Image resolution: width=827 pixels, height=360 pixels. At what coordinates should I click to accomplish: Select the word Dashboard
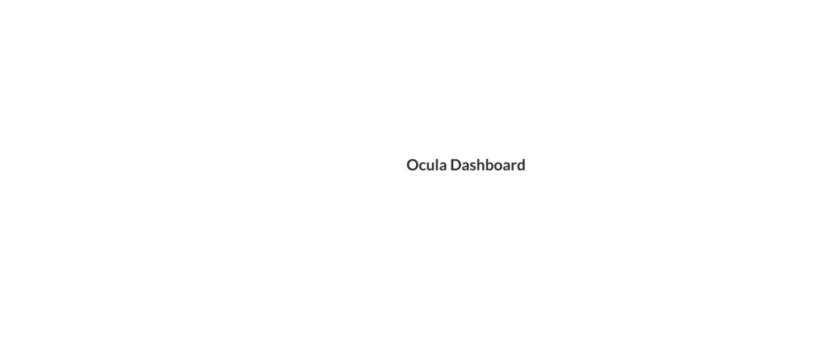[488, 165]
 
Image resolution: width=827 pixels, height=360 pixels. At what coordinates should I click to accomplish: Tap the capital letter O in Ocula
[413, 165]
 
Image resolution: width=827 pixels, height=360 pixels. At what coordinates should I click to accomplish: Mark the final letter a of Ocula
[444, 166]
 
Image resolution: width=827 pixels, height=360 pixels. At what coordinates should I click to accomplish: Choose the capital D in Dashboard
[456, 165]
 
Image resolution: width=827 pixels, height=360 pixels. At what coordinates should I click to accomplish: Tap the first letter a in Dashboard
[467, 166]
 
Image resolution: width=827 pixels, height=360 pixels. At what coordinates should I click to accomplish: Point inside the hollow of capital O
[413, 165]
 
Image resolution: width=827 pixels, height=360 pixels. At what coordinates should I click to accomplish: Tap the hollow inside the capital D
[457, 165]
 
